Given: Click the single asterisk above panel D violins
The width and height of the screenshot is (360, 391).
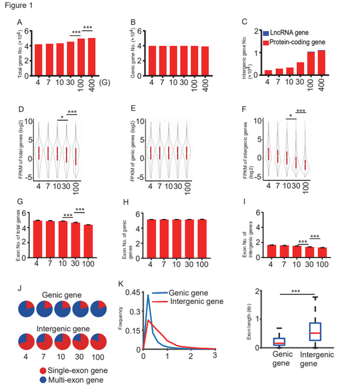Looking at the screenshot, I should click(64, 117).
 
